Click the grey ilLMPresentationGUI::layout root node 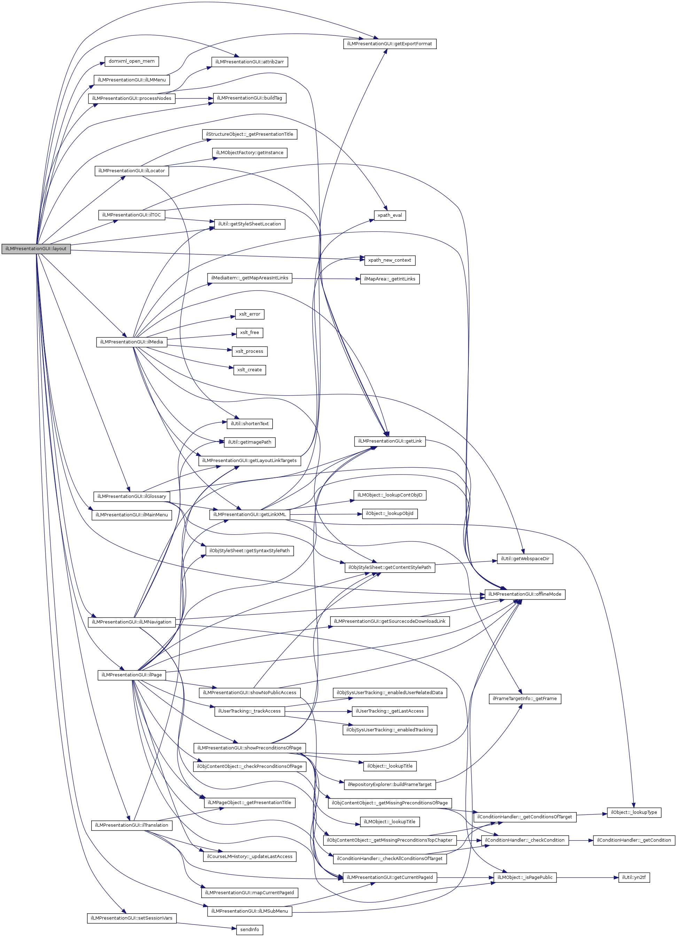[36, 249]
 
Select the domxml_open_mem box [132, 61]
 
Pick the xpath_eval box [390, 215]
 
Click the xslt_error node [249, 315]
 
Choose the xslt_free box [249, 333]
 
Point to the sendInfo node [249, 930]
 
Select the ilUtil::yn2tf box [633, 878]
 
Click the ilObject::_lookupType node [633, 812]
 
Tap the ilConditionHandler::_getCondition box [633, 840]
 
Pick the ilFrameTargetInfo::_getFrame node [524, 699]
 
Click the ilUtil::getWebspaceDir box [525, 558]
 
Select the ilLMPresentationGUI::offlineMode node [524, 594]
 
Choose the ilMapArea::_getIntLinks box [390, 279]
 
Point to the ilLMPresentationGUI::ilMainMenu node [132, 515]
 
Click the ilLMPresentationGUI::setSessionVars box [132, 918]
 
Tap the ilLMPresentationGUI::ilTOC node [132, 215]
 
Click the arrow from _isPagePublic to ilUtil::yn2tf [587, 878]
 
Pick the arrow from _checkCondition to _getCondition [581, 840]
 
